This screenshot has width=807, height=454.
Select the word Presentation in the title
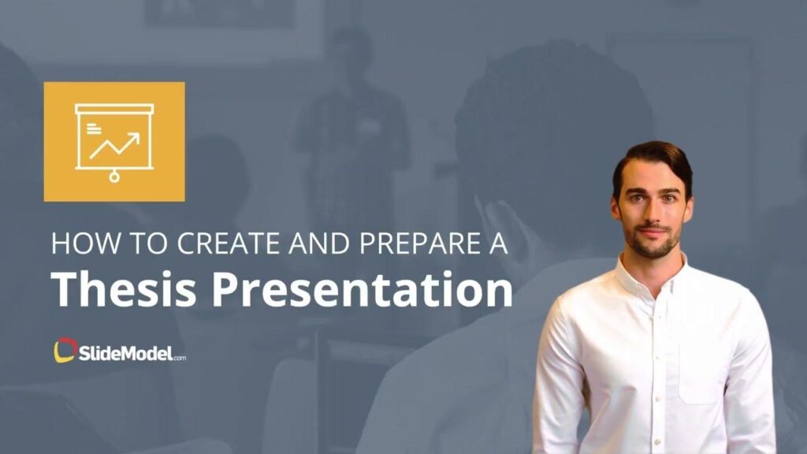tap(363, 290)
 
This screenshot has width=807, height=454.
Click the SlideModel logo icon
tap(65, 350)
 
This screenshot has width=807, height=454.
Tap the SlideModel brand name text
tap(121, 352)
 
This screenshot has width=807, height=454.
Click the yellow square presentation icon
tap(114, 141)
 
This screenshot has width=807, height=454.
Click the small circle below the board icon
tap(114, 178)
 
